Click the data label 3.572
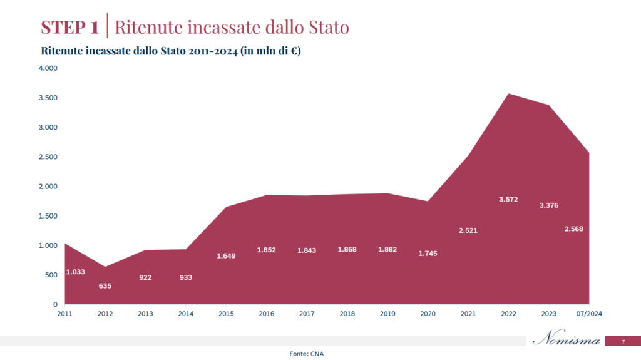point(508,200)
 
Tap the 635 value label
point(105,286)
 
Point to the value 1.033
point(75,272)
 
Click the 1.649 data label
point(226,255)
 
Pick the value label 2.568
point(573,229)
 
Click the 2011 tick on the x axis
point(65,314)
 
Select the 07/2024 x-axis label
point(589,314)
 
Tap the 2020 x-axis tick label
point(428,314)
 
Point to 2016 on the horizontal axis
point(267,314)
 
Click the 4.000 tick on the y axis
point(48,68)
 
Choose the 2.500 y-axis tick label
point(48,157)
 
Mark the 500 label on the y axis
point(51,275)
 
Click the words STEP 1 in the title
point(69,28)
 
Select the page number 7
point(623,342)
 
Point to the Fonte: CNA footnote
point(307,354)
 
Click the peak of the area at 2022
point(508,94)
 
